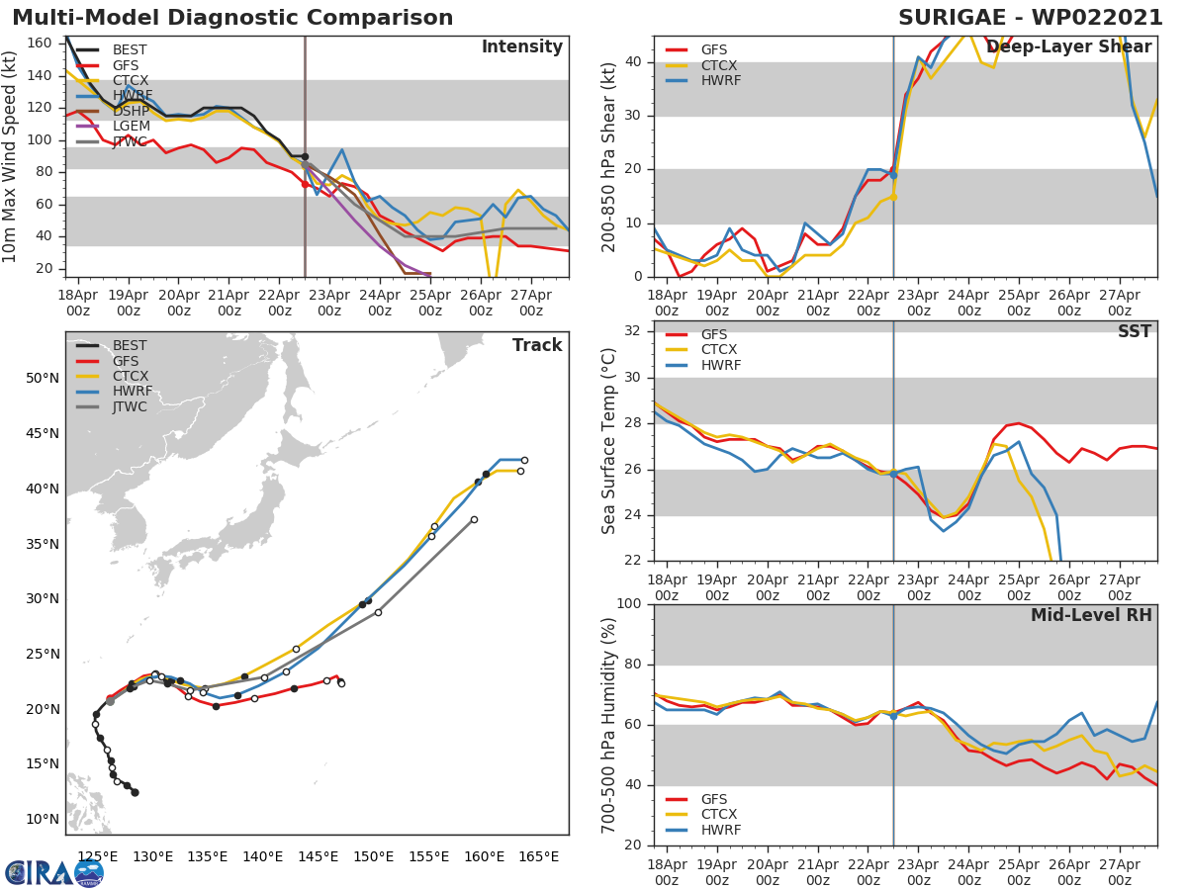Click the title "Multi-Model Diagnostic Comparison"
232,18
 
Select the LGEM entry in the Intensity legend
131,126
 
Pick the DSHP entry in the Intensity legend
131,110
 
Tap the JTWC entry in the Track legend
130,407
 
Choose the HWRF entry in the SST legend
720,365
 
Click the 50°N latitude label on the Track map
41,378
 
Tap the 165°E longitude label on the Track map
538,856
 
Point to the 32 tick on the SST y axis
633,330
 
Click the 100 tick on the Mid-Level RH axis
629,604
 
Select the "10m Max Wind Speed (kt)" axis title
11,157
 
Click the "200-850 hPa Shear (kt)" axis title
610,156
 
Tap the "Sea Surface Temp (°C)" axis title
610,441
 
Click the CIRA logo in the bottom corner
53,872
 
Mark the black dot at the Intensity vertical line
305,156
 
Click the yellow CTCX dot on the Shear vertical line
893,197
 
